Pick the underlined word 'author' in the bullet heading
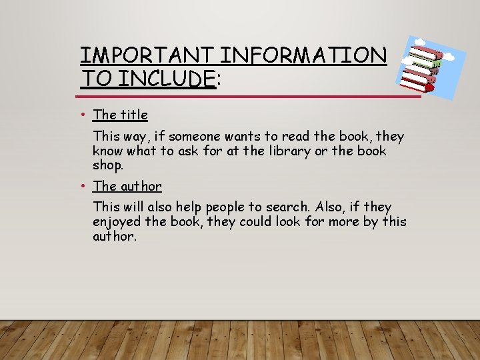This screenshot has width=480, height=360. click(x=141, y=186)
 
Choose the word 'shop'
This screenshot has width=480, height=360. click(x=107, y=165)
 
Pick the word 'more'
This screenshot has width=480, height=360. click(x=344, y=221)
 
